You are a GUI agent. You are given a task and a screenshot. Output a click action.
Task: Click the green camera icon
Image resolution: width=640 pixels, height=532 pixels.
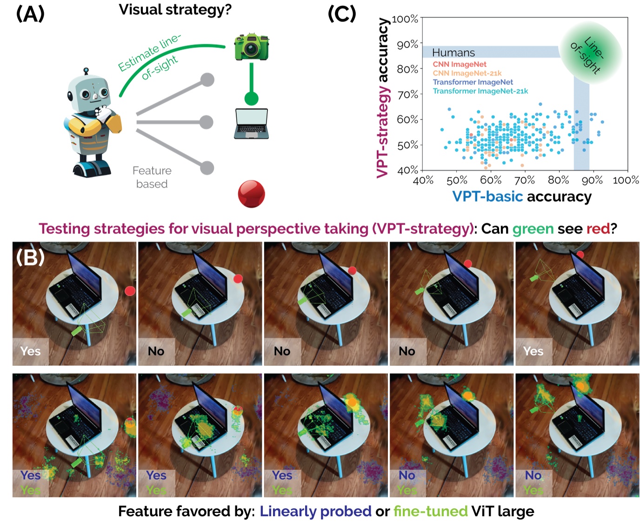252,47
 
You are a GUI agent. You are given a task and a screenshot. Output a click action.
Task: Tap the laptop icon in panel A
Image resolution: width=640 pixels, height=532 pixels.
251,124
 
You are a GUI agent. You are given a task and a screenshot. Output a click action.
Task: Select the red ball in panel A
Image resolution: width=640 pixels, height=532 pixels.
251,193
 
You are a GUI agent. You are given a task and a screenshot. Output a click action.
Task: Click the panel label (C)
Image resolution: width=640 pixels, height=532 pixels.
342,14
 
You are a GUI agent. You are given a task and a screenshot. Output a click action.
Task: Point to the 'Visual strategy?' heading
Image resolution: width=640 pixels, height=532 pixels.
175,10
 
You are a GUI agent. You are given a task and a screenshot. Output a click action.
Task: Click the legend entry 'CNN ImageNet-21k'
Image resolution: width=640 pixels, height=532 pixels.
467,73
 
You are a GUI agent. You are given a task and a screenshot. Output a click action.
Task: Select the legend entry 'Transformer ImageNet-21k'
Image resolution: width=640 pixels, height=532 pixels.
480,91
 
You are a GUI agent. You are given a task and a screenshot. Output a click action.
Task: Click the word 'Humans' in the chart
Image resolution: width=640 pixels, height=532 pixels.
453,53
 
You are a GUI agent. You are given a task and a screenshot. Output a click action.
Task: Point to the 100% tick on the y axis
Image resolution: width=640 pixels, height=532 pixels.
405,19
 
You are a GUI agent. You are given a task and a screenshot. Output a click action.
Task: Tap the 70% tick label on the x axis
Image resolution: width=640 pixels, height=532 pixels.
525,180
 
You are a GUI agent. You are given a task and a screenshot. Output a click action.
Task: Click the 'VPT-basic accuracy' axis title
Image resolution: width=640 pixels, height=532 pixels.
521,197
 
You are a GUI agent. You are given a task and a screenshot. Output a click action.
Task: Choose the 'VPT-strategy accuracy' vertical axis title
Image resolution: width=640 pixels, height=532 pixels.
383,98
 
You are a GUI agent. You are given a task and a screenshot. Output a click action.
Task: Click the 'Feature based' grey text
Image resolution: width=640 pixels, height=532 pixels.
152,177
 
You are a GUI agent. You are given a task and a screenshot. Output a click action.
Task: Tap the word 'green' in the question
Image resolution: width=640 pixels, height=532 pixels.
533,229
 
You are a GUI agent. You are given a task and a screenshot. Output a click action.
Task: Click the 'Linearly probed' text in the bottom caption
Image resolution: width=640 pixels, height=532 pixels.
315,512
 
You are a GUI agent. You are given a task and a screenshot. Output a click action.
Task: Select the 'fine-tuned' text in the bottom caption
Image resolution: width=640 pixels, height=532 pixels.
430,512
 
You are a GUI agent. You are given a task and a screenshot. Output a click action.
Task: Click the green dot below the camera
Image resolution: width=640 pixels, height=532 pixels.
252,99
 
